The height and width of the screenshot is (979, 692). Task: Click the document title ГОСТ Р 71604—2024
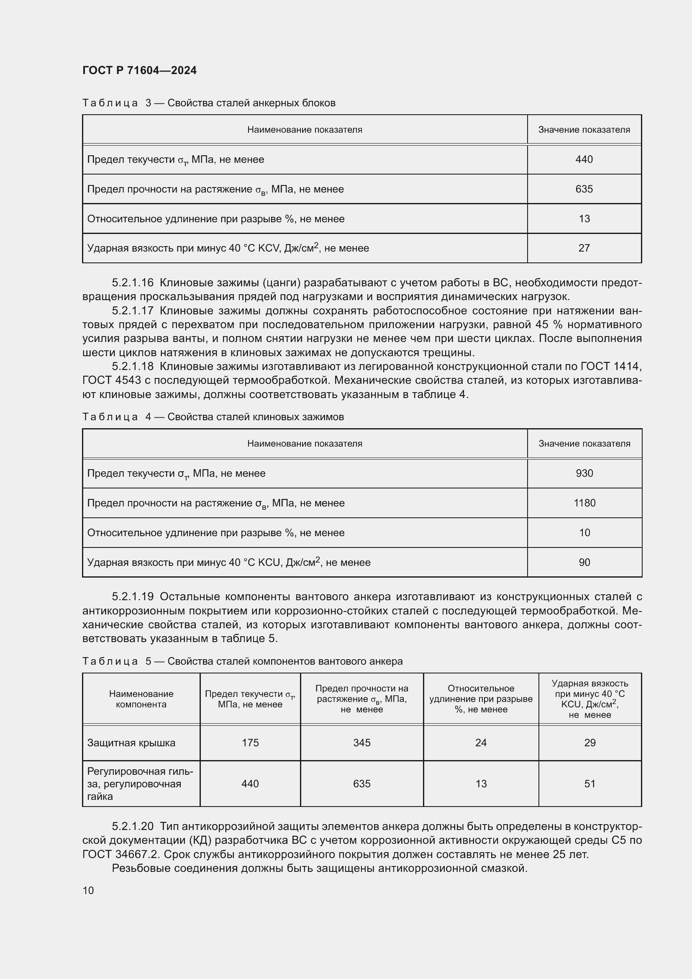(139, 70)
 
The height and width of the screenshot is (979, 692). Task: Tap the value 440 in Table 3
(584, 159)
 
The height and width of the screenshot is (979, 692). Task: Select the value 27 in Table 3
(584, 248)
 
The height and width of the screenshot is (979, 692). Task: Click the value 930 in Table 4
(584, 473)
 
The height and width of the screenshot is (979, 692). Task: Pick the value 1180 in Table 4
(584, 503)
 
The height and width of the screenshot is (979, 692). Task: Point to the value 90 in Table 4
(584, 563)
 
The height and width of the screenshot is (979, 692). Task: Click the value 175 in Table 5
(250, 743)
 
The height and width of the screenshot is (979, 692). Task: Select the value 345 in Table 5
(362, 743)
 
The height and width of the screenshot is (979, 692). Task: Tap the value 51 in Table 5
(590, 784)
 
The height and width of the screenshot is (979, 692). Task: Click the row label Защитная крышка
(131, 743)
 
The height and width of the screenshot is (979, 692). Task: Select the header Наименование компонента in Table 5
(141, 699)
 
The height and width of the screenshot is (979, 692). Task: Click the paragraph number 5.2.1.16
(133, 283)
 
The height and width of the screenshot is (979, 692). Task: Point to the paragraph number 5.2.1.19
(133, 597)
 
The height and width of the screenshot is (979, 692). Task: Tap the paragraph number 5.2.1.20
(133, 826)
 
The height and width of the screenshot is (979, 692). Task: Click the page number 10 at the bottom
(88, 890)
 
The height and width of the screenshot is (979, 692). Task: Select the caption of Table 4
(213, 417)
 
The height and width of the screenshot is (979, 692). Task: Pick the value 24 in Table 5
(481, 743)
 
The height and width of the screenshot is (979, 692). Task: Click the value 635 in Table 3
(584, 189)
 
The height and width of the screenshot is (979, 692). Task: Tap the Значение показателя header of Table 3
(584, 130)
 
